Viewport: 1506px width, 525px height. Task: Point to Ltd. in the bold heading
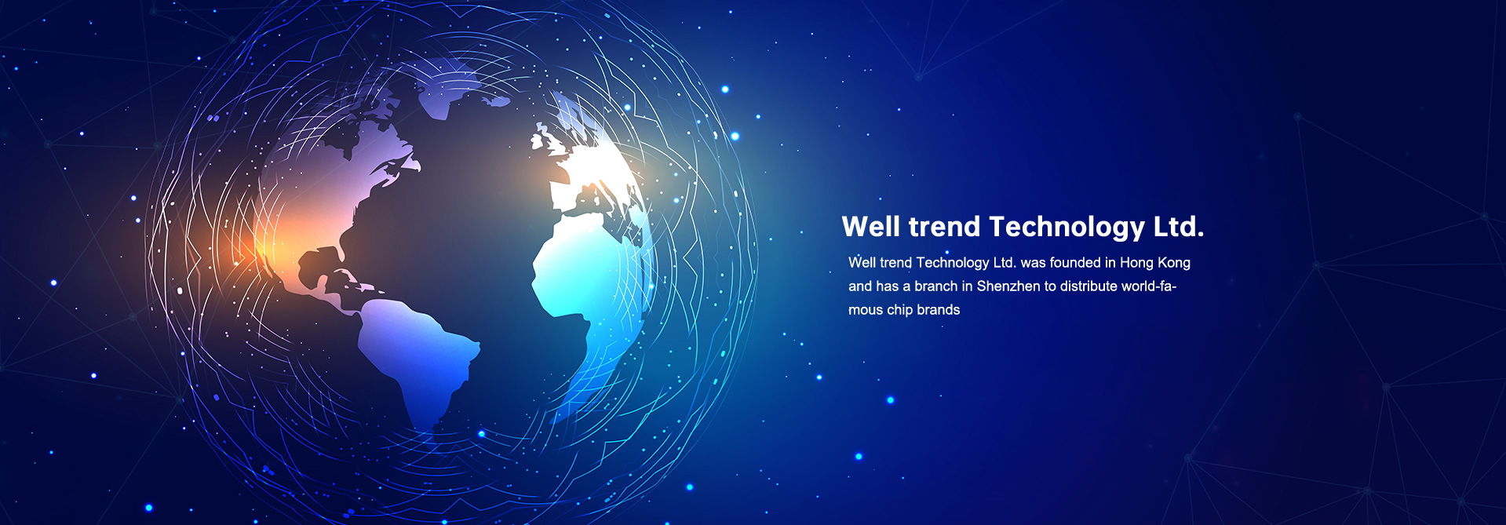(1179, 227)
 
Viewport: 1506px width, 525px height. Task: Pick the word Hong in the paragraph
(1136, 264)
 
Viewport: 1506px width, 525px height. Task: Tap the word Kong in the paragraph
(1174, 264)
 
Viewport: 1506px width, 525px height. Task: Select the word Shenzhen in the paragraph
(1008, 286)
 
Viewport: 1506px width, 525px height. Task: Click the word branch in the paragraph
(936, 286)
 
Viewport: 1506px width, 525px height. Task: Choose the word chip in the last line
(899, 310)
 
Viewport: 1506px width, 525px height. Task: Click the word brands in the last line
(939, 310)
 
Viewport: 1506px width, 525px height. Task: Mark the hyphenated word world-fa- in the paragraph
(1149, 286)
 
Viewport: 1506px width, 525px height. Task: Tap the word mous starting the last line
(866, 311)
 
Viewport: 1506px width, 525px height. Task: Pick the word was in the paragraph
(1033, 264)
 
